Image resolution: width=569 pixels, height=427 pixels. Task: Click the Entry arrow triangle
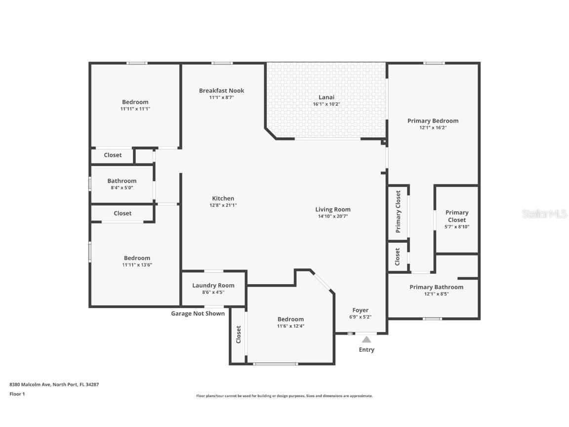click(x=366, y=340)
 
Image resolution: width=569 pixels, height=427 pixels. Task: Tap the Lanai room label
click(x=326, y=97)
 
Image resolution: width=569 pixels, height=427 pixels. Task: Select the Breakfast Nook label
click(x=221, y=90)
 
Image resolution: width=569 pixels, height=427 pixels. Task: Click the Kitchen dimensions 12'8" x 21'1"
click(x=223, y=205)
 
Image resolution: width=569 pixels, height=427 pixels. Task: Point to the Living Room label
click(x=333, y=209)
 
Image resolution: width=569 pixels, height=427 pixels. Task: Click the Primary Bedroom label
click(x=433, y=121)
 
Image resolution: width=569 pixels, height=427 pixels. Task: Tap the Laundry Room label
click(x=213, y=285)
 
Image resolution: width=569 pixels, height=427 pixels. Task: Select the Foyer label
click(x=360, y=310)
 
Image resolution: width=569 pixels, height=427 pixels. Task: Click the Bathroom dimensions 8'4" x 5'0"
click(x=122, y=188)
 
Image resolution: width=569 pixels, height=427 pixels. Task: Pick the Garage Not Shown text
click(x=198, y=313)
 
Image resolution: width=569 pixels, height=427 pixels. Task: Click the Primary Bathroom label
click(x=436, y=287)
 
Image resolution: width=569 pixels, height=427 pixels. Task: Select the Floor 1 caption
click(x=17, y=394)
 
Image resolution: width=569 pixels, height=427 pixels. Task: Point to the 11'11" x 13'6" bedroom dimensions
click(x=137, y=265)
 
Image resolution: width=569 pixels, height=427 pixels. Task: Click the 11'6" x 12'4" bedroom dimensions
click(x=290, y=326)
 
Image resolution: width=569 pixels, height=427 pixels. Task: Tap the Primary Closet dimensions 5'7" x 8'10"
click(x=457, y=227)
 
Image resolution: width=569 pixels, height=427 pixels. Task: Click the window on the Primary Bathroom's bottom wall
click(x=432, y=319)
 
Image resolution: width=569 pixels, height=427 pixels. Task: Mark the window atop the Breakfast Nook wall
click(x=222, y=63)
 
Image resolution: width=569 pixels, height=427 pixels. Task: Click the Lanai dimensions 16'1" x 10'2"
click(x=326, y=104)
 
